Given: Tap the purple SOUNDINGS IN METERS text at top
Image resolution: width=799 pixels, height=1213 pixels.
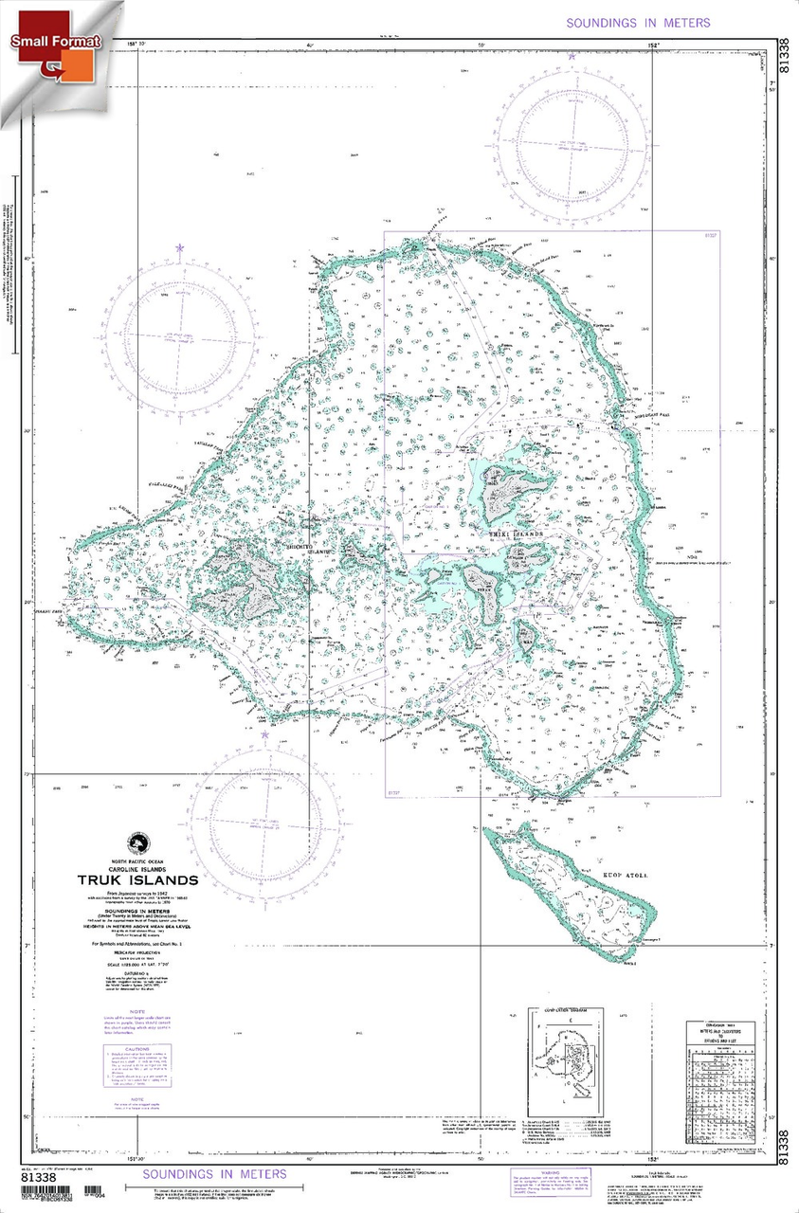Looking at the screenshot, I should tap(637, 23).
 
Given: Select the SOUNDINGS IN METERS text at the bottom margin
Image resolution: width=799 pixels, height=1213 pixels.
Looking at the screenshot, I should tap(214, 1175).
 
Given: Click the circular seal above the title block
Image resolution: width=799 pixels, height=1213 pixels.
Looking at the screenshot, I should tap(139, 842).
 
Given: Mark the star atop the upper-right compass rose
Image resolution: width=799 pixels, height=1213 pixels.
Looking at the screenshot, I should tap(572, 57).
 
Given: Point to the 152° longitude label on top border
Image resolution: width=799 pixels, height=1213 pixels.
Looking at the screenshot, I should tap(653, 45).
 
